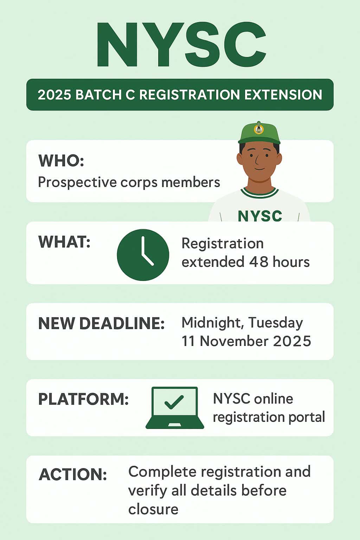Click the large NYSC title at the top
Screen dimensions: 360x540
click(x=181, y=44)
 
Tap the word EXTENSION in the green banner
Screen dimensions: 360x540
click(x=283, y=95)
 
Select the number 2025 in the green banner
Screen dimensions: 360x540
click(x=54, y=95)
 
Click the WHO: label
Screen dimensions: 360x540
click(x=61, y=161)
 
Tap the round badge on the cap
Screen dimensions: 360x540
click(x=259, y=129)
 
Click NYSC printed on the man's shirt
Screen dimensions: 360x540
click(x=260, y=216)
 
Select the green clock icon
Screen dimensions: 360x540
click(x=143, y=255)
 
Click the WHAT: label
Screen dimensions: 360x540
click(x=64, y=242)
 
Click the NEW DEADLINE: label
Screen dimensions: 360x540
click(x=102, y=323)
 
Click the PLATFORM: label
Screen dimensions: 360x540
click(x=83, y=399)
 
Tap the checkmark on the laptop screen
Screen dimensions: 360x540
click(x=174, y=402)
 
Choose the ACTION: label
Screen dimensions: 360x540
click(x=72, y=474)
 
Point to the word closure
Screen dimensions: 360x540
click(x=153, y=509)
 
